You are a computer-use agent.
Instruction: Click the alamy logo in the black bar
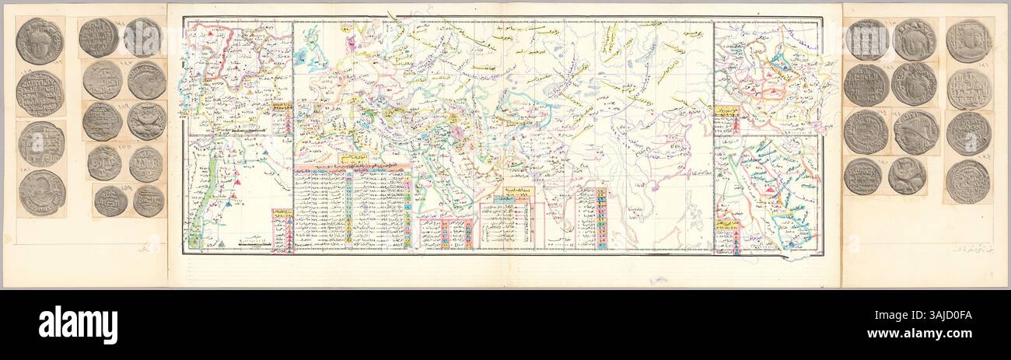[78, 324]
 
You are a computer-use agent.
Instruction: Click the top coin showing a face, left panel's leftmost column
[39, 40]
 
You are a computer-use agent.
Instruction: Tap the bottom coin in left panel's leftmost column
[42, 192]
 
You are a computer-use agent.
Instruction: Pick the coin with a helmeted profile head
[915, 131]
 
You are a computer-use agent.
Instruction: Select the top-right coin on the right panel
[968, 40]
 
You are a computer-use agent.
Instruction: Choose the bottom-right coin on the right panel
[967, 181]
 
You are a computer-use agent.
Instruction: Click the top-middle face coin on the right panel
[914, 40]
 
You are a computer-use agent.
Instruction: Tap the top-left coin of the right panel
[866, 40]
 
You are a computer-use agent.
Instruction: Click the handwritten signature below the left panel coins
[144, 249]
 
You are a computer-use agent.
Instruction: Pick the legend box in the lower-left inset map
[282, 230]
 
